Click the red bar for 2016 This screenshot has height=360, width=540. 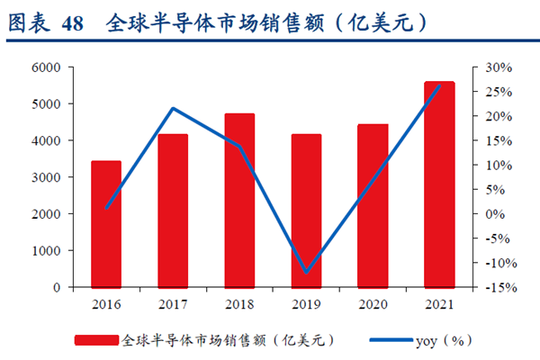click(x=106, y=224)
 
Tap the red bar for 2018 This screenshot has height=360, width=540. click(x=239, y=200)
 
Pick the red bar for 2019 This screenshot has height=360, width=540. click(x=306, y=211)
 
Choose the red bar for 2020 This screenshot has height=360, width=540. click(x=373, y=205)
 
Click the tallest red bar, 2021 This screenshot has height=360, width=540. click(x=439, y=184)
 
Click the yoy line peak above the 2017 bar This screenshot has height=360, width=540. click(x=173, y=109)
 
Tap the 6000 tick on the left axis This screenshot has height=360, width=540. click(x=47, y=67)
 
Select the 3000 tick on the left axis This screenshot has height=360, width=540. click(x=47, y=177)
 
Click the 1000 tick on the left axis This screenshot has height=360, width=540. click(x=47, y=251)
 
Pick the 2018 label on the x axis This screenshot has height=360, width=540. click(x=239, y=304)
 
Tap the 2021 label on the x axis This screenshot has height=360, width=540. click(x=439, y=304)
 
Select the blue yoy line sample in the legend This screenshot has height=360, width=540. click(x=390, y=340)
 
